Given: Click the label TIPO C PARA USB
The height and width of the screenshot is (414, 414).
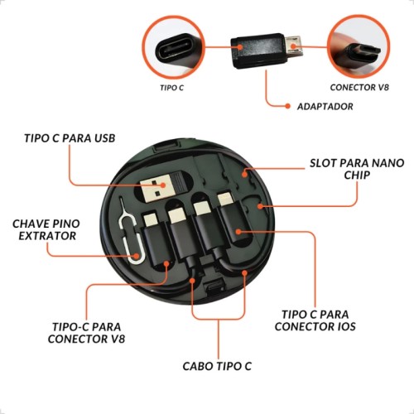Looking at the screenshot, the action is coord(70,138).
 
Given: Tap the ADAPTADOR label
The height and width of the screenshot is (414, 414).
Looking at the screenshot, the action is coord(325,107).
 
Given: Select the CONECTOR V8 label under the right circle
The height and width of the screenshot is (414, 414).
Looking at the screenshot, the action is coord(359,88).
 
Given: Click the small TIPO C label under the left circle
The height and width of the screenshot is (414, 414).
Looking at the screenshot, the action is coord(171,88).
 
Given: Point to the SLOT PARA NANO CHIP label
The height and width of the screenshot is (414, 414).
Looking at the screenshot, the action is coord(357,169).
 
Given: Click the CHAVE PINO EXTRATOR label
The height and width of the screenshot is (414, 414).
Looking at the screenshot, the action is coord(46,229).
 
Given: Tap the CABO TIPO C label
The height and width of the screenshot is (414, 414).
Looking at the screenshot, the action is coord(217,366).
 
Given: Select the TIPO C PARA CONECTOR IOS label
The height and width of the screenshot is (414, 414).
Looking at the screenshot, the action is coord(315,320).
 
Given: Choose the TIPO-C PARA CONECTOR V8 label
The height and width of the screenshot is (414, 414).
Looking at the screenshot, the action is coord(86,333).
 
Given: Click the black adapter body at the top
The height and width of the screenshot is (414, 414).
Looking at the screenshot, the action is coord(258,51).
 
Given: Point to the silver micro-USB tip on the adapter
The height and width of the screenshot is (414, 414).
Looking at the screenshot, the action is coord(294,46).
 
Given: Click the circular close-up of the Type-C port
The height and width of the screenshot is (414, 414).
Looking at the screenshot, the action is coord(174,47).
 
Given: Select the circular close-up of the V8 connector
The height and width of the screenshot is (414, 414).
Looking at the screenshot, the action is coord(359,47).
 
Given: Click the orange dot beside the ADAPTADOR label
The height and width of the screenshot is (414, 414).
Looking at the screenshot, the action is coord(288,106).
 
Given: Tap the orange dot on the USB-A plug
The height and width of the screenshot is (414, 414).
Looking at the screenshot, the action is coord(164,185).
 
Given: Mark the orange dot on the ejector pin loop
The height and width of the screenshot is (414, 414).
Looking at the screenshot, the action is coord(136,256).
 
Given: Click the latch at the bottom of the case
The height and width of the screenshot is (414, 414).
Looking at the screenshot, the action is coord(214,287).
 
